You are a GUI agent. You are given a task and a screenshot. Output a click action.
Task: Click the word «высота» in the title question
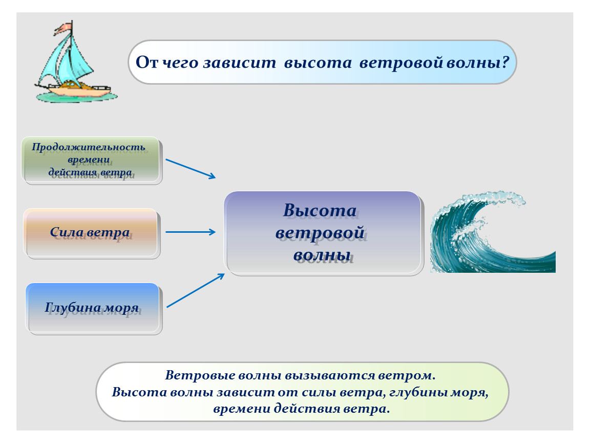pyautogui.click(x=318, y=63)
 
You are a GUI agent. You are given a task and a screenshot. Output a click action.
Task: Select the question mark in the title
pyautogui.click(x=505, y=62)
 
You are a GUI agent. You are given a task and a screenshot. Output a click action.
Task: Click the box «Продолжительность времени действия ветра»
pyautogui.click(x=92, y=161)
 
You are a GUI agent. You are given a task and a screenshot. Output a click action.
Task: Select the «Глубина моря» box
pyautogui.click(x=94, y=309)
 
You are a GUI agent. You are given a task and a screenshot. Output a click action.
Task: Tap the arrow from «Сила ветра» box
pyautogui.click(x=191, y=232)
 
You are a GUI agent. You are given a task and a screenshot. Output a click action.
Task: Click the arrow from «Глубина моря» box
pyautogui.click(x=196, y=290)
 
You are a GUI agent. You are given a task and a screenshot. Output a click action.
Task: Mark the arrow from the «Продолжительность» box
pyautogui.click(x=191, y=169)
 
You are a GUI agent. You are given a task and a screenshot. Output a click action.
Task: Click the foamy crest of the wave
pyautogui.click(x=489, y=199)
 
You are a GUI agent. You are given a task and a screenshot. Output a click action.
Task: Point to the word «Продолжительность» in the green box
pyautogui.click(x=89, y=147)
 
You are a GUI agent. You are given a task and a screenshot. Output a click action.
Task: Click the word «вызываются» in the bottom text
pyautogui.click(x=330, y=375)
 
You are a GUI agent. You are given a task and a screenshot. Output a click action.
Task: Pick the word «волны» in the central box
pyautogui.click(x=322, y=256)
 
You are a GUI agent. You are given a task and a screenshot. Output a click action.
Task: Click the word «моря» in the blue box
pyautogui.click(x=121, y=308)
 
